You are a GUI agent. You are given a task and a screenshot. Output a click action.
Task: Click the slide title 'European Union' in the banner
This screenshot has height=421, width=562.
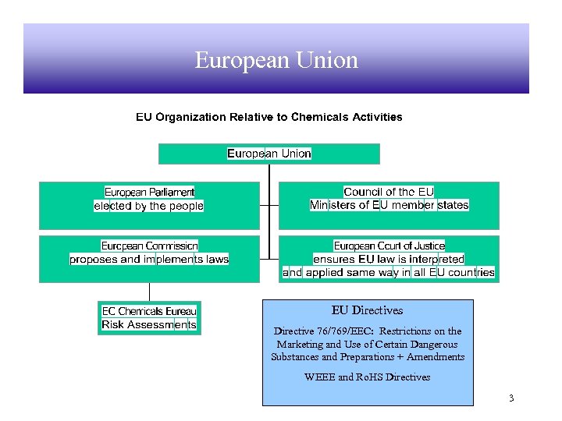click(276, 60)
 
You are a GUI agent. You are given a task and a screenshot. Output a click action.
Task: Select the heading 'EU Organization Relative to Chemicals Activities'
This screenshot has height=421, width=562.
click(269, 117)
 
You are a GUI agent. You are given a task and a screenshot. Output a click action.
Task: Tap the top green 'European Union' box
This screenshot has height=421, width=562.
click(269, 154)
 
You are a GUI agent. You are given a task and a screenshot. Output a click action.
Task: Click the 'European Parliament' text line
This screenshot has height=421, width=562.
click(149, 192)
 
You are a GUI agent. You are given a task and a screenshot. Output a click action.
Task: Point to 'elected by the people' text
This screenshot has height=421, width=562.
click(148, 206)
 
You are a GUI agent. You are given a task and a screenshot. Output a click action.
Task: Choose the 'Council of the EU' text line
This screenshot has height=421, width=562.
click(389, 192)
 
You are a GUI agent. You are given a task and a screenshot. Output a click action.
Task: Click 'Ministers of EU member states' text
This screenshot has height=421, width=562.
click(389, 205)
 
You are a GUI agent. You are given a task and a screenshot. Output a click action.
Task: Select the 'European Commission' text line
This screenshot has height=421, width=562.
click(149, 246)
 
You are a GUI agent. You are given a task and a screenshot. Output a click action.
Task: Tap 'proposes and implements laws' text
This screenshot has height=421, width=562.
click(149, 259)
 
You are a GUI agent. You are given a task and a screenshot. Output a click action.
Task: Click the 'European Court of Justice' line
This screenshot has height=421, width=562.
click(389, 246)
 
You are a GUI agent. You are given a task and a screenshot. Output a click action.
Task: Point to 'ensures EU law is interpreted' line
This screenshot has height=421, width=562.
click(389, 259)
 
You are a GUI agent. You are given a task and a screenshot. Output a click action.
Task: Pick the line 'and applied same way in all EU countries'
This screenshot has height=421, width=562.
click(389, 272)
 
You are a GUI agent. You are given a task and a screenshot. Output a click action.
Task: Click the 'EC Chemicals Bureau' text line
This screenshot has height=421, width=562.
click(149, 311)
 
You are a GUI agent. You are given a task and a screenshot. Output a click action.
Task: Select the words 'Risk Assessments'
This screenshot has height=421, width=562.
click(149, 324)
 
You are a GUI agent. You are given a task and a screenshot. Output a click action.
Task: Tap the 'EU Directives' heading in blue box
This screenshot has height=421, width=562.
click(368, 310)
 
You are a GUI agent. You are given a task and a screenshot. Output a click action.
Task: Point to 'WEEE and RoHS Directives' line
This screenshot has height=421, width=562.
click(368, 377)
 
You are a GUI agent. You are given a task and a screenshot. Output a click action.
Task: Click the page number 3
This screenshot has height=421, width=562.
click(510, 398)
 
